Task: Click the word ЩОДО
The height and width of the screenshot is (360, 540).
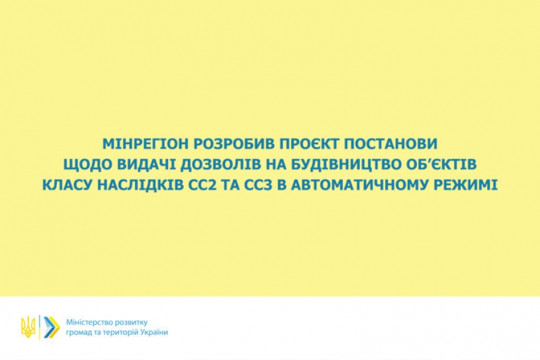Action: (x=88, y=164)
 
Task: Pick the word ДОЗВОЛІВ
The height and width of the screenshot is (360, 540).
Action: (x=220, y=164)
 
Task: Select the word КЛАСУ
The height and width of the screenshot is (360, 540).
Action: (x=67, y=185)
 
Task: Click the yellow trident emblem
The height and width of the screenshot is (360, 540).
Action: (x=28, y=327)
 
